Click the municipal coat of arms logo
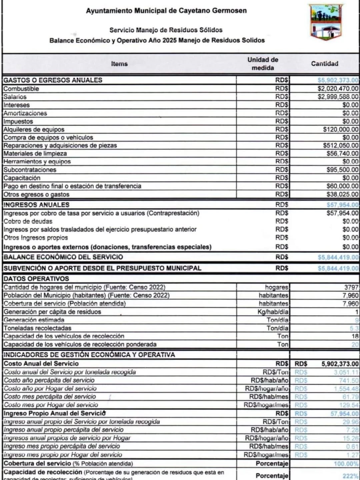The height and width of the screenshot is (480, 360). [x=326, y=22]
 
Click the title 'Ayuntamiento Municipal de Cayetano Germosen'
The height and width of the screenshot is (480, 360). [x=166, y=11]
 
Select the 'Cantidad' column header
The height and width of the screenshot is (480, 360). [x=324, y=64]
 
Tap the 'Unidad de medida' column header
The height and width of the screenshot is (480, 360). [x=263, y=64]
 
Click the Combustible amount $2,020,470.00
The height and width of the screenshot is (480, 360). [x=338, y=89]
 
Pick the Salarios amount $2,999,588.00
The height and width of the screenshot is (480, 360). [x=338, y=97]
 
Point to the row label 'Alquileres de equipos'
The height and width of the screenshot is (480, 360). [x=34, y=129]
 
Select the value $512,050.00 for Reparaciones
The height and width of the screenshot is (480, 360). [x=340, y=145]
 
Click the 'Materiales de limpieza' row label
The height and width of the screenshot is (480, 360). [x=35, y=153]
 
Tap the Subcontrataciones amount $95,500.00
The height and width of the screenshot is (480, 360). [x=342, y=170]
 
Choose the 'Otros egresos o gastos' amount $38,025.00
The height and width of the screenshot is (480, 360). [x=342, y=194]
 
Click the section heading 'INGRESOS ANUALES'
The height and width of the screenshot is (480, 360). [x=36, y=205]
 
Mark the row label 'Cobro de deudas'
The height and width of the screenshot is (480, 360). [x=28, y=221]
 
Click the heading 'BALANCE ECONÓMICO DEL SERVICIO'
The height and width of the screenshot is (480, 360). [x=63, y=257]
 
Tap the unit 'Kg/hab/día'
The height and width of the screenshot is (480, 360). [x=273, y=312]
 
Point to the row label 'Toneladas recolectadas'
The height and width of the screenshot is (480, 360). [x=37, y=328]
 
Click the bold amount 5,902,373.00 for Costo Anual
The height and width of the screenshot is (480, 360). [x=340, y=364]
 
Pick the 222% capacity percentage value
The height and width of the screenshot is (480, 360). [x=350, y=476]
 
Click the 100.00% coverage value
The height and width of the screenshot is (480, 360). [x=346, y=464]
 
